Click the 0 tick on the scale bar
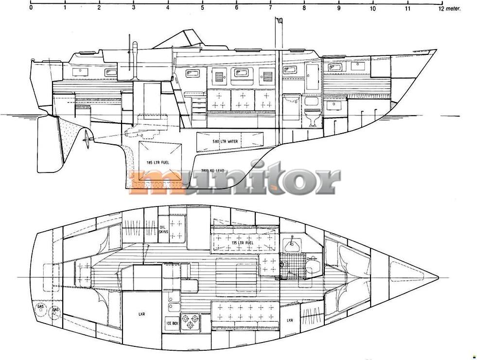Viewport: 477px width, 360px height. pos(31,8)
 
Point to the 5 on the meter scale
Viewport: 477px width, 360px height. pos(202,8)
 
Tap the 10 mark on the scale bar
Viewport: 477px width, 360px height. pos(373,8)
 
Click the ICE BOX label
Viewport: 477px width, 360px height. pos(171,323)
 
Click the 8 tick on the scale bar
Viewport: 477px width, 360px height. pos(304,8)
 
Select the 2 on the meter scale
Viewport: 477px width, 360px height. pos(99,8)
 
